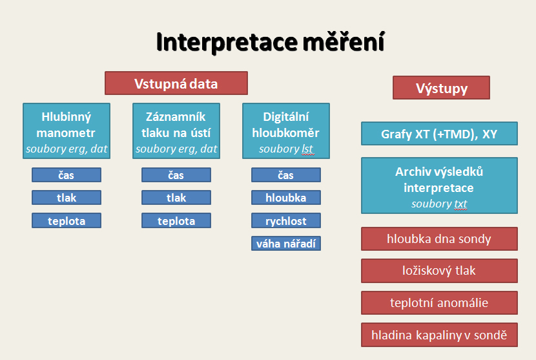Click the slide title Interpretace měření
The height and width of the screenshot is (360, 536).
click(x=271, y=42)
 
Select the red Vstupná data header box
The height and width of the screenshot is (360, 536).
click(x=176, y=83)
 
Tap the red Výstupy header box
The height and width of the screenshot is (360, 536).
click(x=441, y=88)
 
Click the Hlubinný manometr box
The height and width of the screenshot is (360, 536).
click(x=67, y=131)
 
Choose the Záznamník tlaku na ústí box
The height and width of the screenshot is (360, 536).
click(x=176, y=131)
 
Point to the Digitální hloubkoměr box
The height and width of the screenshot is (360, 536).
click(x=286, y=131)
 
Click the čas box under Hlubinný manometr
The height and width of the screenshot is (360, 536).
click(x=67, y=175)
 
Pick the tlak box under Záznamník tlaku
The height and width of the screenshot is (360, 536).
click(x=176, y=198)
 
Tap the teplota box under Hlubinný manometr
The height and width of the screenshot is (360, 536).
click(x=67, y=220)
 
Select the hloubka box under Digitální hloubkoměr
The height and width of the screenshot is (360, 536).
click(x=286, y=198)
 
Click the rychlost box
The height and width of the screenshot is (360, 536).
click(x=286, y=220)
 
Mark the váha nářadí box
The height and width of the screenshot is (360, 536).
click(x=286, y=243)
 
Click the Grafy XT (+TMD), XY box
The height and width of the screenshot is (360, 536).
click(x=439, y=133)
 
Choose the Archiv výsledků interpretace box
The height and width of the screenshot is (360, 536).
click(x=439, y=185)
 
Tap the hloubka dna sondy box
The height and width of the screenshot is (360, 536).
click(x=439, y=239)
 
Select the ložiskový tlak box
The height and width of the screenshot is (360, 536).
click(x=439, y=271)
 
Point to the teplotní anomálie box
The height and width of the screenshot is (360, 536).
click(x=439, y=303)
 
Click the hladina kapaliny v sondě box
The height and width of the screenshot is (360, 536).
click(x=439, y=335)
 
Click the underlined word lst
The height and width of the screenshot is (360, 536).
click(x=307, y=149)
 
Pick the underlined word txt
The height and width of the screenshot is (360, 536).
click(x=460, y=204)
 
